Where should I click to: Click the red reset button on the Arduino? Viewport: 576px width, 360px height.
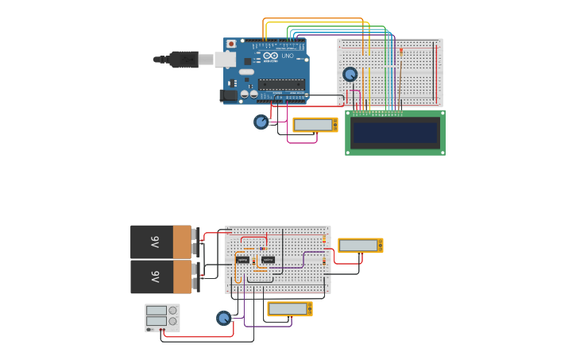pyautogui.click(x=231, y=44)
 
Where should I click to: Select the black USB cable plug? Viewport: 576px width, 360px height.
pyautogui.click(x=182, y=59)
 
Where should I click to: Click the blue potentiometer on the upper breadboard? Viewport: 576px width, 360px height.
pyautogui.click(x=350, y=74)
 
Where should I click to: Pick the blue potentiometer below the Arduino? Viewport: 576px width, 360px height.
pyautogui.click(x=261, y=122)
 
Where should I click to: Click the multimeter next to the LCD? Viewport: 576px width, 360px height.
pyautogui.click(x=315, y=125)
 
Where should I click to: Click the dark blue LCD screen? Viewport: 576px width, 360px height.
pyautogui.click(x=395, y=133)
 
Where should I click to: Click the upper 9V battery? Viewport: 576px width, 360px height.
pyautogui.click(x=162, y=242)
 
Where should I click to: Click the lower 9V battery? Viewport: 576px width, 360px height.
pyautogui.click(x=162, y=277)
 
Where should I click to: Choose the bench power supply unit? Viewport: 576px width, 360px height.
pyautogui.click(x=162, y=318)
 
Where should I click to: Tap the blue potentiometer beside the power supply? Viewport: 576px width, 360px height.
pyautogui.click(x=223, y=318)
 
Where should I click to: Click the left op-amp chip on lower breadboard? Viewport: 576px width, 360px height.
pyautogui.click(x=242, y=260)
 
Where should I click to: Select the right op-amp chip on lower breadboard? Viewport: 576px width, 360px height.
pyautogui.click(x=268, y=259)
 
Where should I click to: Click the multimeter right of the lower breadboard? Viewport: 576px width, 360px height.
pyautogui.click(x=360, y=245)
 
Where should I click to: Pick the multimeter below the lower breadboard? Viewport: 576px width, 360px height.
pyautogui.click(x=289, y=308)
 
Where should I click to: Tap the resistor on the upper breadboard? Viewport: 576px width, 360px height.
pyautogui.click(x=401, y=52)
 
